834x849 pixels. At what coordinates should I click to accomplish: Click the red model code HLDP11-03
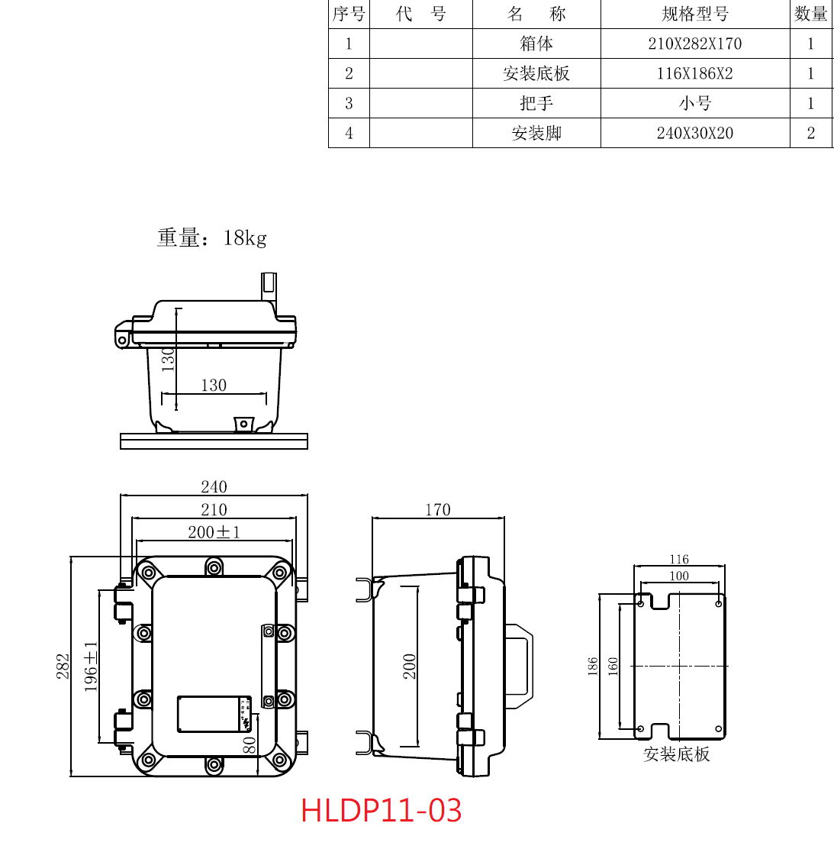(381, 811)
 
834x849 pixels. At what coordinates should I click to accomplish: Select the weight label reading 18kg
(245, 237)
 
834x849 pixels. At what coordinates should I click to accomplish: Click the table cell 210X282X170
(695, 44)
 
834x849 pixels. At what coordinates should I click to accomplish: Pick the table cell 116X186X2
(695, 73)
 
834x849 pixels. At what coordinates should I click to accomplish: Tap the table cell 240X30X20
(695, 133)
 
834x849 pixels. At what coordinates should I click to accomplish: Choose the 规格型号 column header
(695, 14)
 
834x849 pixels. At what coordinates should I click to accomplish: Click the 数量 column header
(811, 14)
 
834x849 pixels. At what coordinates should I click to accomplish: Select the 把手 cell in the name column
(536, 103)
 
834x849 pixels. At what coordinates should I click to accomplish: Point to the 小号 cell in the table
(695, 103)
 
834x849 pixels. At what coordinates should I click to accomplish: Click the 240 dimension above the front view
(214, 487)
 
